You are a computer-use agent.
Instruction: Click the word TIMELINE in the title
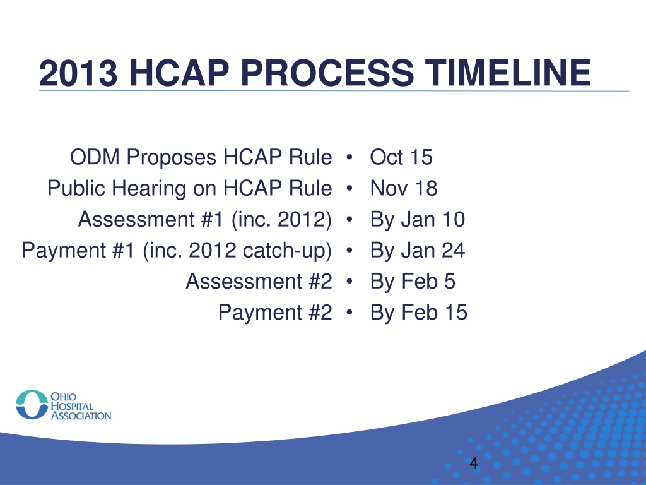click(x=508, y=73)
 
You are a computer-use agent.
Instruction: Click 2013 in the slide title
click(x=78, y=73)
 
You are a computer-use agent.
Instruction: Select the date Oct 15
click(x=401, y=157)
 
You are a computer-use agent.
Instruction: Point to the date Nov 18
click(x=403, y=188)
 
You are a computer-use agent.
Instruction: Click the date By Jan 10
click(x=418, y=220)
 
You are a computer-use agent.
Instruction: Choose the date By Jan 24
click(x=418, y=251)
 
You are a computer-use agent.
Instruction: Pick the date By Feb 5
click(x=413, y=282)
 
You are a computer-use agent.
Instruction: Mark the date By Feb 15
click(x=419, y=313)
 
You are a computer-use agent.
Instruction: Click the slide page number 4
click(x=474, y=463)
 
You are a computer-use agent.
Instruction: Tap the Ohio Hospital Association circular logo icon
click(x=32, y=405)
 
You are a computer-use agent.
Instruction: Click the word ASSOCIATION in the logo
click(x=81, y=416)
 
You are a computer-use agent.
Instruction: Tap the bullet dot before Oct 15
click(x=349, y=157)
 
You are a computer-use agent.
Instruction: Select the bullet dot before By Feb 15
click(x=349, y=312)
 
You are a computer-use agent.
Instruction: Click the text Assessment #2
click(x=259, y=281)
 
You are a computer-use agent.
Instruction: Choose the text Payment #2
click(x=275, y=313)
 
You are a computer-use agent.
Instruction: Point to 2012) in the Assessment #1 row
click(x=305, y=219)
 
